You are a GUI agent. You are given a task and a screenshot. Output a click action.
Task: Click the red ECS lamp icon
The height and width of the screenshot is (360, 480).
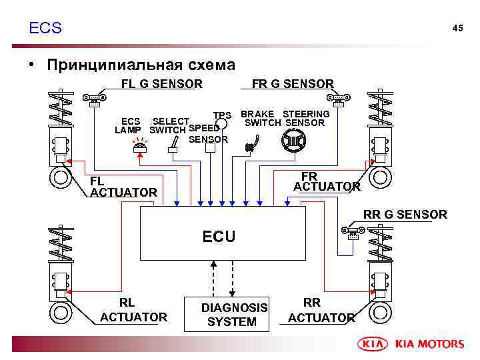140,147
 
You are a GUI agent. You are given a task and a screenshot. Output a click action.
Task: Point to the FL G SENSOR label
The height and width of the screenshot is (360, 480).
161,84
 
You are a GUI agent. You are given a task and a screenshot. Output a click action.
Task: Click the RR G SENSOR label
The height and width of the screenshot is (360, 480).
405,215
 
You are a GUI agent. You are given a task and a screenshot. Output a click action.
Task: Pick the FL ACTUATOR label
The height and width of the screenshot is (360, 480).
123,187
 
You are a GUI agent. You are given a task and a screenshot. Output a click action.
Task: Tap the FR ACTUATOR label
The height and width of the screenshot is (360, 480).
327,181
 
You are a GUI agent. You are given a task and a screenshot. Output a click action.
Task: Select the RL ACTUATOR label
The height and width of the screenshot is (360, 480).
133,310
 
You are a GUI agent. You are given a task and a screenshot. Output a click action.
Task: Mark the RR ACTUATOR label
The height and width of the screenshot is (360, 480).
321,311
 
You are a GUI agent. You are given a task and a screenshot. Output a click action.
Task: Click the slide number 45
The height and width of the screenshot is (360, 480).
457,28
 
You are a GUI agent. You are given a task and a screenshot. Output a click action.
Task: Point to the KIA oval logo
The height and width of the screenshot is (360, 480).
375,344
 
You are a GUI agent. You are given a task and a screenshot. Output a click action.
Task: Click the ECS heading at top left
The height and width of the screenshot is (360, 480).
45,28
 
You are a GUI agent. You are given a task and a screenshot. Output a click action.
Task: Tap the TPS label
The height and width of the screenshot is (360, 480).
222,115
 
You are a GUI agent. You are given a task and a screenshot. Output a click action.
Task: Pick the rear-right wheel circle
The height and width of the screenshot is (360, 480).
381,311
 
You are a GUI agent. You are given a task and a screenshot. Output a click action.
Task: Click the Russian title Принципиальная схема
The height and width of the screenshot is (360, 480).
141,65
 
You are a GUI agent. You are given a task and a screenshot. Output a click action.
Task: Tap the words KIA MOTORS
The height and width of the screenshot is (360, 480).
430,344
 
